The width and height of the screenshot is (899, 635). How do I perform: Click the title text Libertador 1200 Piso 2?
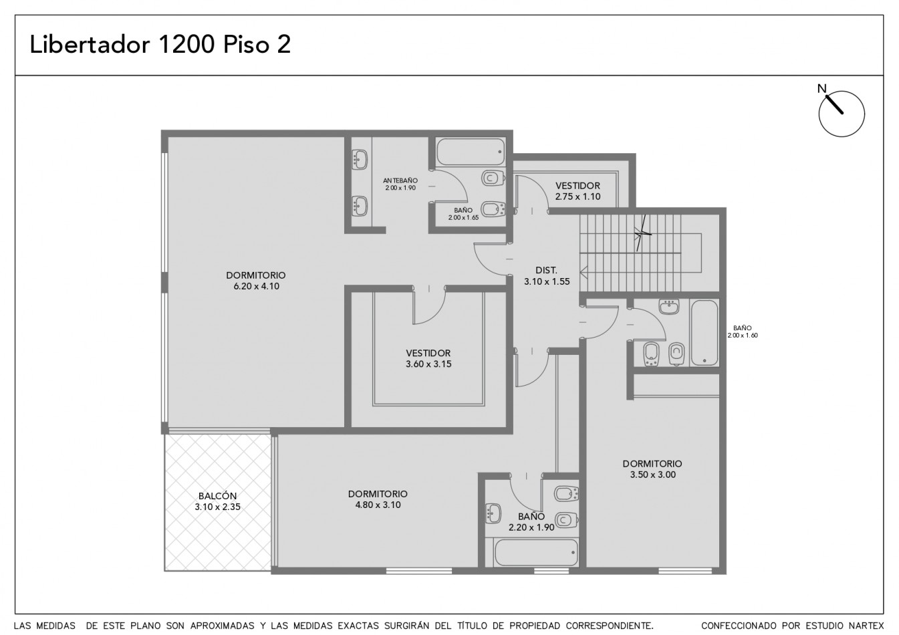pos(160,44)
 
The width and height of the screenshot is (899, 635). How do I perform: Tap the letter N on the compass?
pos(822,88)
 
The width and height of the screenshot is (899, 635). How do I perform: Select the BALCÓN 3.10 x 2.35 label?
pos(217,501)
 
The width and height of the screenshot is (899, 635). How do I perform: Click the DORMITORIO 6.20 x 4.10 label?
pos(256,281)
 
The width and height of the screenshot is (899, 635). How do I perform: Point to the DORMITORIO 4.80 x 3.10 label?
pos(378,499)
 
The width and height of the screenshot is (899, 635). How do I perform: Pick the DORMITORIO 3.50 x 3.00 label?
pos(652,469)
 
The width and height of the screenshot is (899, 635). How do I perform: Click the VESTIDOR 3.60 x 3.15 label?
pos(428,358)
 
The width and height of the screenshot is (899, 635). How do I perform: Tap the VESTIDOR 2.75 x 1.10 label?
pos(577,191)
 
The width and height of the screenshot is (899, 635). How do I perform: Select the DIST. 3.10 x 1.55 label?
pos(547,276)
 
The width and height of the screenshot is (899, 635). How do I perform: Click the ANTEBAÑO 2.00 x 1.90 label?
pos(400,184)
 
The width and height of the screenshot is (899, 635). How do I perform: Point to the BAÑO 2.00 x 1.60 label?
pos(743,332)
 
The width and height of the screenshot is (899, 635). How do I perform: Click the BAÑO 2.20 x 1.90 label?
pos(531,522)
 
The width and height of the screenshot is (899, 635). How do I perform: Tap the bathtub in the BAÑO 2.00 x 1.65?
pos(471,152)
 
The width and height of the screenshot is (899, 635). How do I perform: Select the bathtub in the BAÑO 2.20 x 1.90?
pos(536,552)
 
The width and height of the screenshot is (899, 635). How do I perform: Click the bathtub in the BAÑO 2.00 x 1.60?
pos(704,333)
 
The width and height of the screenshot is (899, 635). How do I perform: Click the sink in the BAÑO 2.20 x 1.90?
pos(493,514)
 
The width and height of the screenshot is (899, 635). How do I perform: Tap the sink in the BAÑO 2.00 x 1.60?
pos(668,307)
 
